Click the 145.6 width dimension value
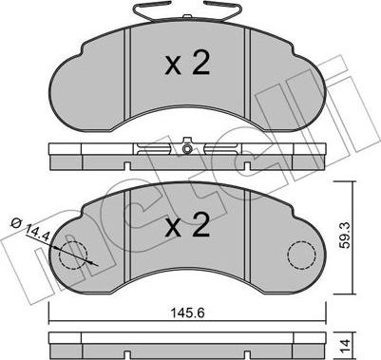188,313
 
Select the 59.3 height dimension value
345,235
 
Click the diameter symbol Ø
15,222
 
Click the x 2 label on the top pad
187,64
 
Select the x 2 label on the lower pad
187,225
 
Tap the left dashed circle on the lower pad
73,256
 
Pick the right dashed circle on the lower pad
301,256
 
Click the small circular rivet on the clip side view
187,150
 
